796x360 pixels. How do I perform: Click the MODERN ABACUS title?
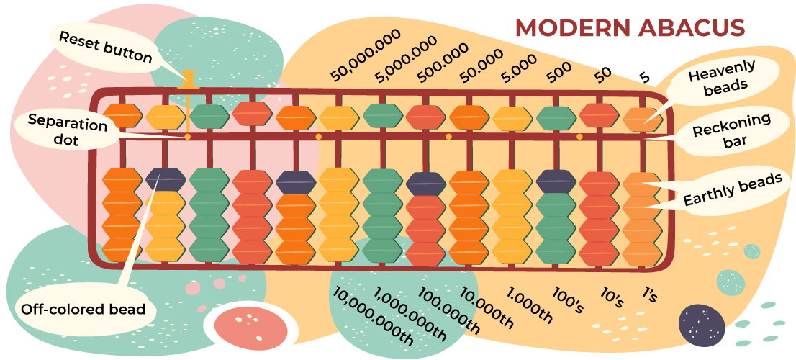[629, 28]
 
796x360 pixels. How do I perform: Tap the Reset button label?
[105, 46]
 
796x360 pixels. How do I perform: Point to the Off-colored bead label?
[83, 310]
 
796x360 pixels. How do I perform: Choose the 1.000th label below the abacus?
[529, 305]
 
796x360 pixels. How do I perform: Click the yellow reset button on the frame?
[190, 79]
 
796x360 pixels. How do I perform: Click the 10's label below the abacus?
[611, 297]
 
